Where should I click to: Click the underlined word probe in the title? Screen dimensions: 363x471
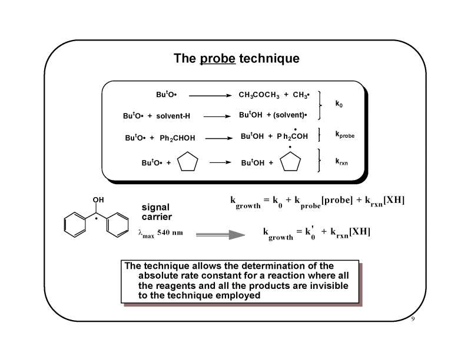(218, 59)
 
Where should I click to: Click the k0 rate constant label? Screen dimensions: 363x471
(339, 104)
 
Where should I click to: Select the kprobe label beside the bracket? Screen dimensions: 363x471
(344, 135)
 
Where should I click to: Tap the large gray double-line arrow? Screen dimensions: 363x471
(220, 235)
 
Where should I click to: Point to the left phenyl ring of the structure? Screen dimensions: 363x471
(75, 225)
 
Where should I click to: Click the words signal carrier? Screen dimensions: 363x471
(156, 212)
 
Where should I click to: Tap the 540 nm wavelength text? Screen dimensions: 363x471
(170, 233)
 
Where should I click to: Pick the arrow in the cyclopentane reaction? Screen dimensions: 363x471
(220, 162)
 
